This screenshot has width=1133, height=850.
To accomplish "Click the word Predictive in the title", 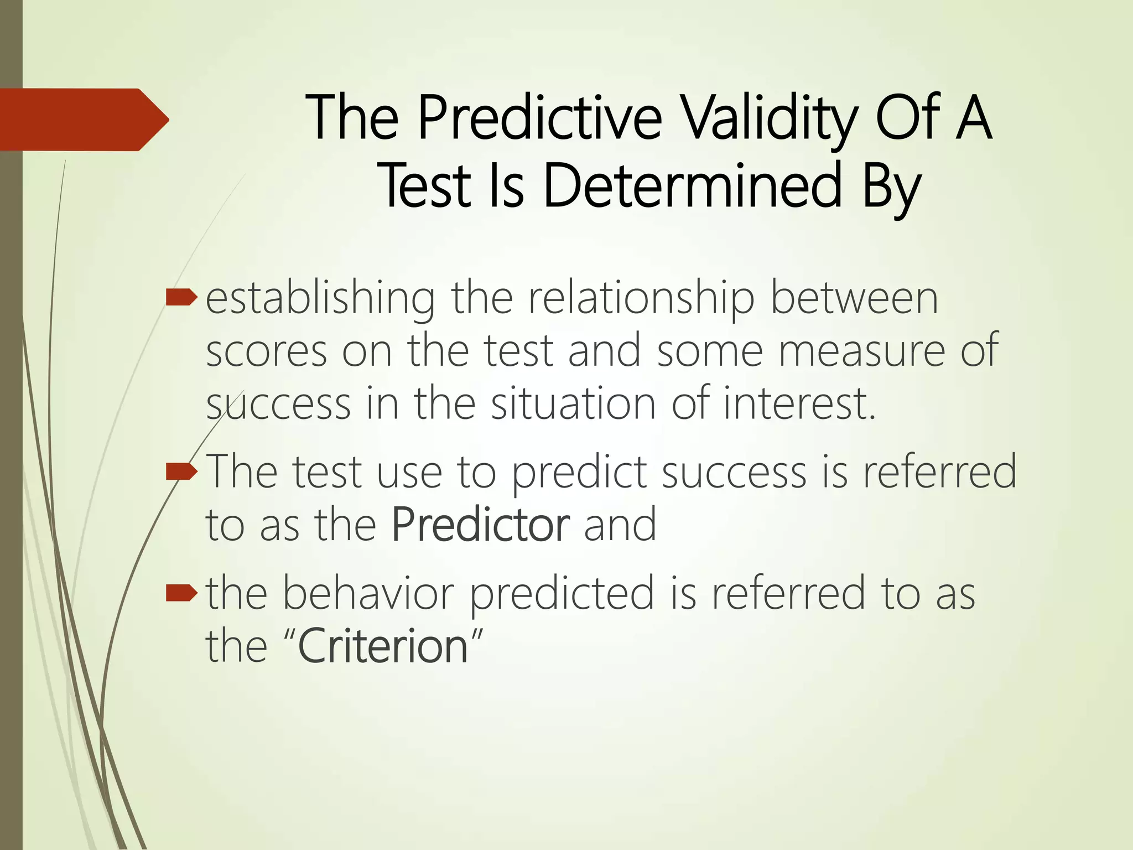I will click(539, 118).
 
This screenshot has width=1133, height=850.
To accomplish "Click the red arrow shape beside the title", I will click(83, 120).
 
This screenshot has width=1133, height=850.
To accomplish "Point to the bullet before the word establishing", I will click(181, 298).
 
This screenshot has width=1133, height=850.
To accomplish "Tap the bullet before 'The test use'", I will click(181, 471).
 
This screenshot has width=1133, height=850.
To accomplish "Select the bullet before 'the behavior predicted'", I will click(181, 593).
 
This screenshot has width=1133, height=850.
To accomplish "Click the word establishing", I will click(320, 299).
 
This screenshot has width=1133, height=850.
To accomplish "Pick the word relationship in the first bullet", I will click(641, 299).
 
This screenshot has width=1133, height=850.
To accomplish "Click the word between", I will click(854, 299).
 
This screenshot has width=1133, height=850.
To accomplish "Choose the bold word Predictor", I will click(480, 525).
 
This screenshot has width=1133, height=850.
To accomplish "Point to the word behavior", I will click(368, 593).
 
